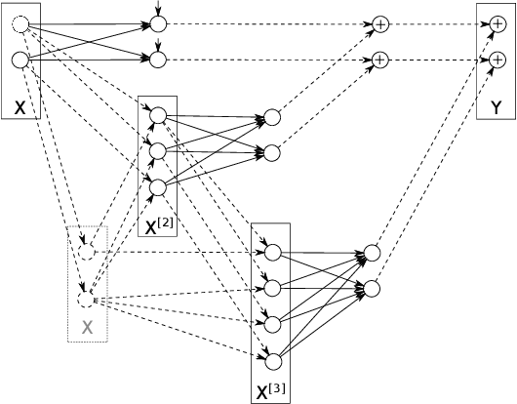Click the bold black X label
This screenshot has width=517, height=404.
click(x=20, y=104)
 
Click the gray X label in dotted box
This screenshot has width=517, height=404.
click(x=87, y=327)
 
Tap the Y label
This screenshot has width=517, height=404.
click(x=496, y=104)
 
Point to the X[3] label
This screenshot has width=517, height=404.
click(x=270, y=393)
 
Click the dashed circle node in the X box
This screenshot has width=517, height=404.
click(x=20, y=25)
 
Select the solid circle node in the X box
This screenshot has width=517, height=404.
click(x=20, y=61)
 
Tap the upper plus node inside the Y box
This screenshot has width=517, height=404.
click(x=496, y=23)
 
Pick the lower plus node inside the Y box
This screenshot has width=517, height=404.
click(x=496, y=61)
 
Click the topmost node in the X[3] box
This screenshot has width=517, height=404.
click(x=273, y=252)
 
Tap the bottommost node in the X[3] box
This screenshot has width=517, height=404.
click(x=273, y=361)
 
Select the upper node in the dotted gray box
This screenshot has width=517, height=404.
click(x=87, y=252)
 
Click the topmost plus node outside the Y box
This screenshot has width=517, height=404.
click(x=380, y=23)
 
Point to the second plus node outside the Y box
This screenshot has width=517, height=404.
click(x=380, y=61)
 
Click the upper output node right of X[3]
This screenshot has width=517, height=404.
click(x=372, y=254)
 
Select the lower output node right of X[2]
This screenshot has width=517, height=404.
click(x=272, y=152)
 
